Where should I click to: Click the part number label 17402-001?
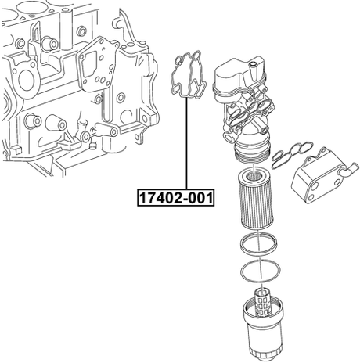click(x=175, y=198)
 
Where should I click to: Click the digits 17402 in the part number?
click(x=161, y=198)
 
